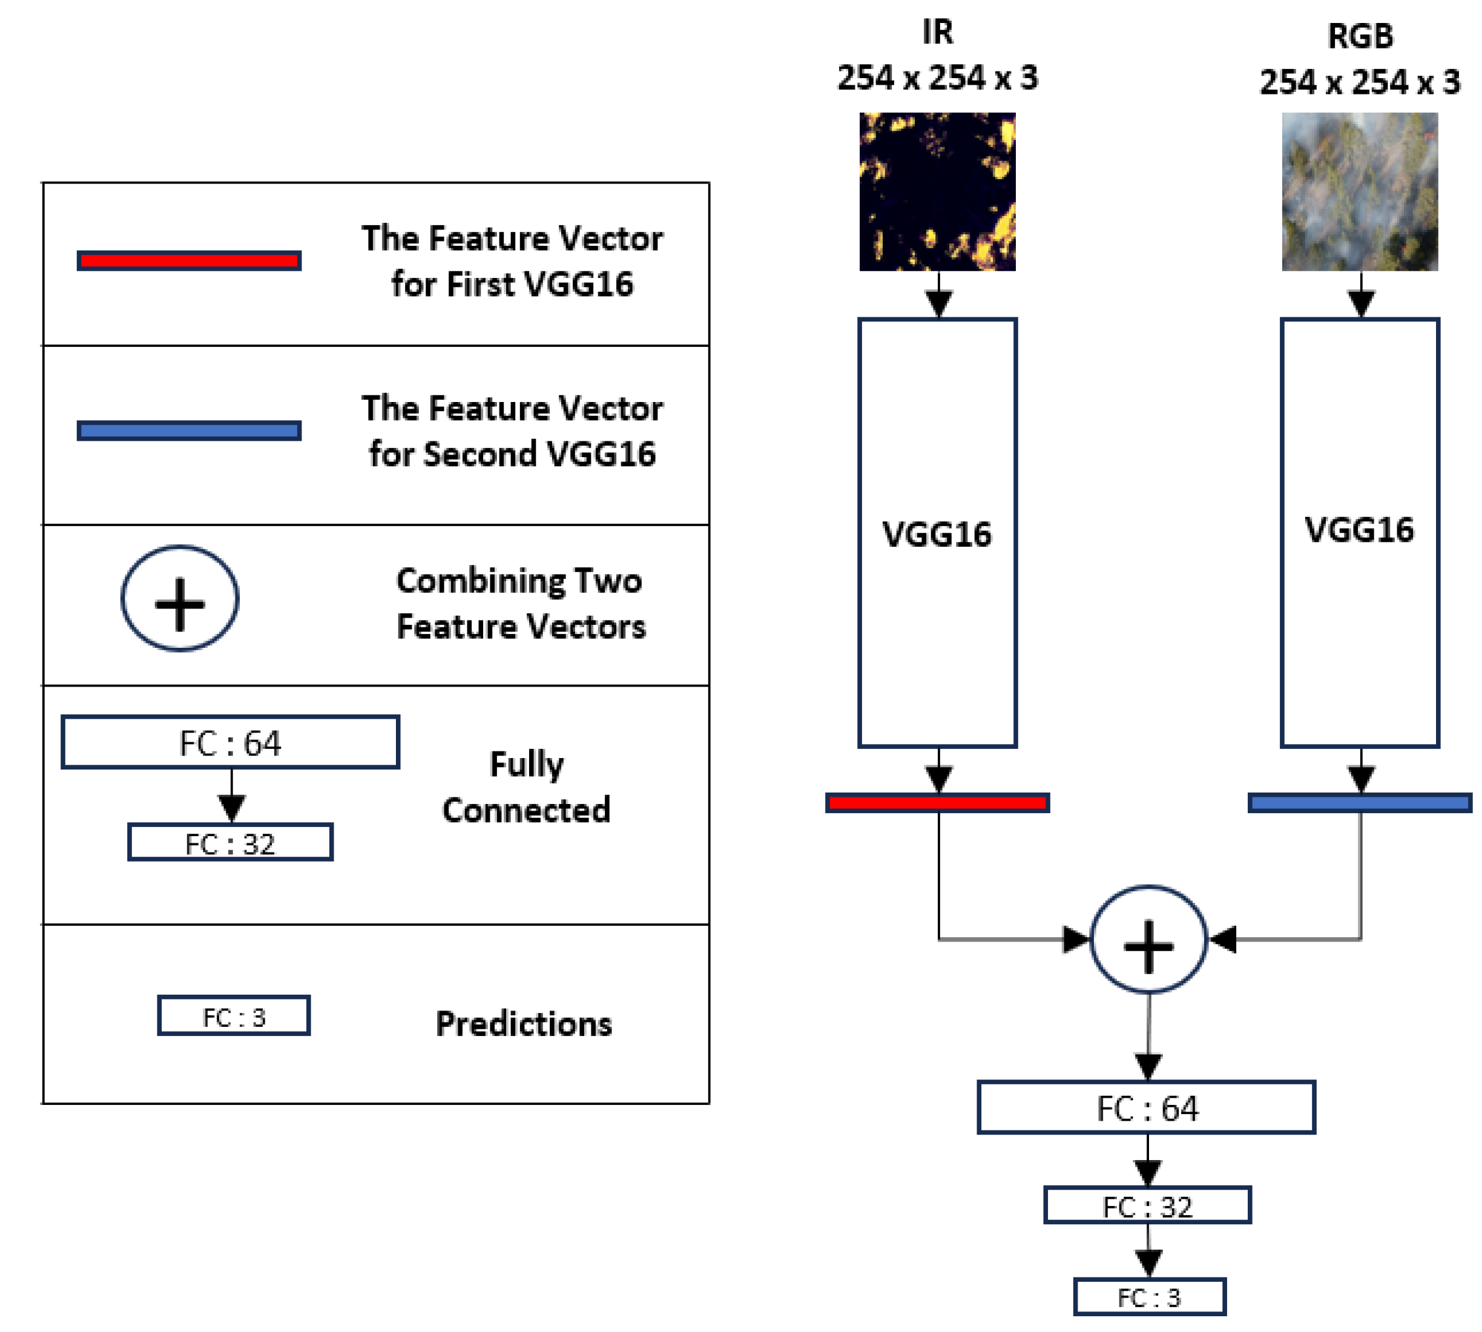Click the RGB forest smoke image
pos(1359,192)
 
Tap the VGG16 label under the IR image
pos(937,534)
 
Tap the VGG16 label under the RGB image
pos(1359,530)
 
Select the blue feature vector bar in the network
pos(1359,803)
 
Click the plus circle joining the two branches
pos(1148,940)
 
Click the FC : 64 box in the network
pos(1146,1108)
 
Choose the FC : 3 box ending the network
pos(1149,1297)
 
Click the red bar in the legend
pos(189,260)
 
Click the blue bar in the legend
pos(189,430)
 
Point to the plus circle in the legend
pos(179,599)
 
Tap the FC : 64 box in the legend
pos(231,742)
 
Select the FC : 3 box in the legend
pos(234,1016)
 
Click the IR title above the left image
pos(938,32)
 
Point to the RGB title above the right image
pos(1360,36)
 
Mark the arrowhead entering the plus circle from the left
pos(1075,940)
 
